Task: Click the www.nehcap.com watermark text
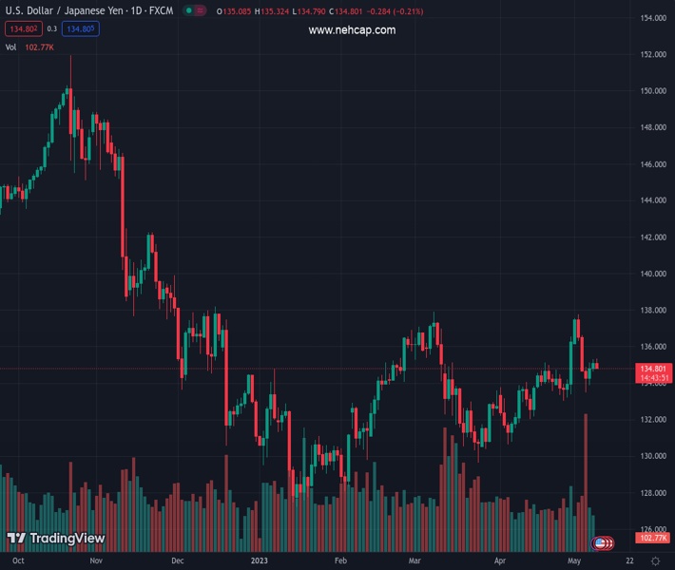click(352, 30)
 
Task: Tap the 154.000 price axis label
click(652, 18)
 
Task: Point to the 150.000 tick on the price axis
click(652, 91)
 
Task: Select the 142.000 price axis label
click(652, 237)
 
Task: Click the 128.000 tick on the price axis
click(652, 493)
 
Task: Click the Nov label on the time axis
click(95, 561)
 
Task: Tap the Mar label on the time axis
click(414, 561)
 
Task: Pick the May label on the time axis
click(572, 561)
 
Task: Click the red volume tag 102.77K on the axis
click(654, 539)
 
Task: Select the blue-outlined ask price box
click(83, 29)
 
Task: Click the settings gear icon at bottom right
click(655, 561)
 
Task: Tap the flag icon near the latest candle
click(601, 542)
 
